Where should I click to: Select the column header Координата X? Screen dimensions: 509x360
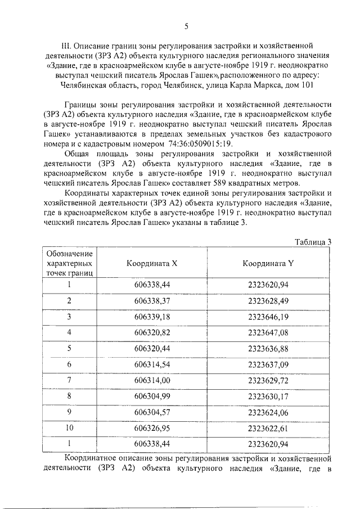point(151,263)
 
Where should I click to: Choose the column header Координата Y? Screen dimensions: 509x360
point(268,263)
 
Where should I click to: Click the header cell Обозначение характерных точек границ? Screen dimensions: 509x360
point(70,263)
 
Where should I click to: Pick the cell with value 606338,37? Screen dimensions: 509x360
point(152,301)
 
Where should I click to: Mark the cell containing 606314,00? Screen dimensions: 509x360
point(152,381)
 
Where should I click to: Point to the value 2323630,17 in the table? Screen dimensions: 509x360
point(268,397)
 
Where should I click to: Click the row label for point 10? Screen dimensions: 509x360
point(69,429)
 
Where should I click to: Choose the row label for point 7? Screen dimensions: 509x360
point(69,381)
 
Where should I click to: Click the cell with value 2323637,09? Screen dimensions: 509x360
point(268,364)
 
